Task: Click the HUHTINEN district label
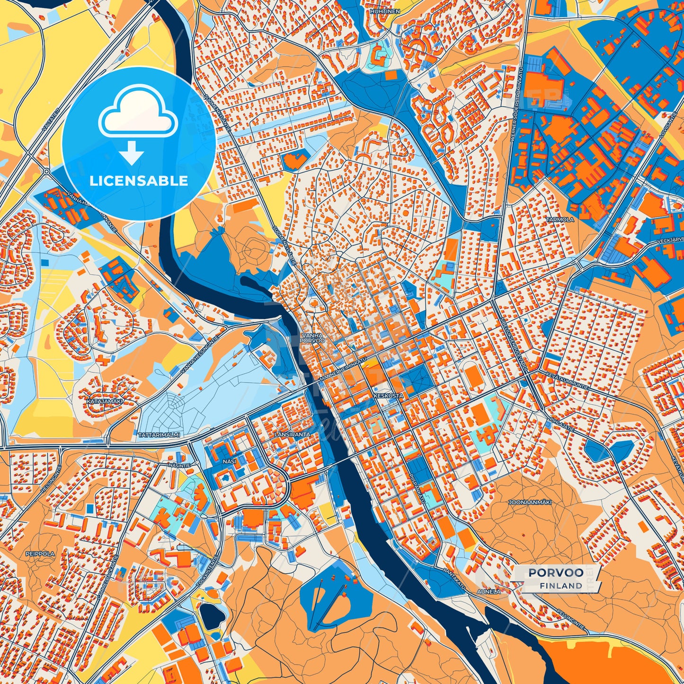tap(385, 11)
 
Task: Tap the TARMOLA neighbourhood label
tap(560, 220)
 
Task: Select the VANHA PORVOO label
tap(312, 338)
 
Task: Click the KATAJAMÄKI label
tap(105, 401)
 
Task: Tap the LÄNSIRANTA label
tap(293, 434)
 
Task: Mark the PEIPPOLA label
tap(41, 553)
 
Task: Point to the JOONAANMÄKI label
tap(530, 502)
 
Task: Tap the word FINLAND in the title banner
tap(561, 586)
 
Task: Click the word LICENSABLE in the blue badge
tap(139, 181)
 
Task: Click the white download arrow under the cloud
tap(132, 153)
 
